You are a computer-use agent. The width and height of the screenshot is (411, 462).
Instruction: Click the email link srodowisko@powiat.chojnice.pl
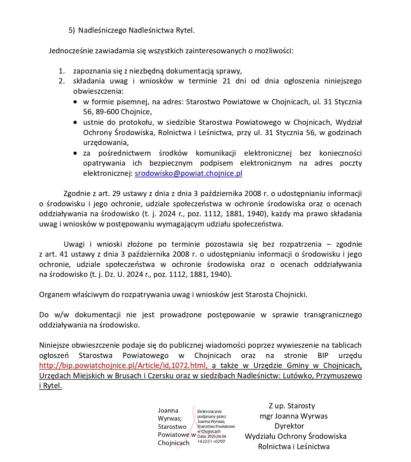click(x=188, y=173)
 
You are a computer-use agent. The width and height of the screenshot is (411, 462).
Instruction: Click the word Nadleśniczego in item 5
click(x=102, y=30)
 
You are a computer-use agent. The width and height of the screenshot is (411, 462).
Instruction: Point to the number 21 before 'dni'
click(x=227, y=81)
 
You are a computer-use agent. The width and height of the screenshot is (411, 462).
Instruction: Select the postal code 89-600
click(x=107, y=112)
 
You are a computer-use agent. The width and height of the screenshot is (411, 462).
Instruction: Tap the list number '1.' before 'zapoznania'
click(x=62, y=71)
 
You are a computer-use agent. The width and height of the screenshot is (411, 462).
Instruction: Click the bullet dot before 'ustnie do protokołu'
click(x=76, y=122)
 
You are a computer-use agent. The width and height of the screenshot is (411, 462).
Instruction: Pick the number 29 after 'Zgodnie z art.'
click(x=116, y=193)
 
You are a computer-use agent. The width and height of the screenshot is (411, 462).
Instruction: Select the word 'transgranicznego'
click(x=333, y=315)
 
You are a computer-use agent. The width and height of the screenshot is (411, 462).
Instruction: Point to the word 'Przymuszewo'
click(x=339, y=376)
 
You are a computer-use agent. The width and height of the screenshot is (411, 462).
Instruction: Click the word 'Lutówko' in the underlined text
click(x=298, y=376)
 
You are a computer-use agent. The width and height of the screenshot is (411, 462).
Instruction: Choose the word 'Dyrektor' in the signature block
click(x=289, y=426)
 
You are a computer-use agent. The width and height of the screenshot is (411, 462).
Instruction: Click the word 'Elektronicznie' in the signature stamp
click(x=209, y=412)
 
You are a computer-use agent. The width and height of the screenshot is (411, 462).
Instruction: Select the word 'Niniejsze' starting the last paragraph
click(x=54, y=345)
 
